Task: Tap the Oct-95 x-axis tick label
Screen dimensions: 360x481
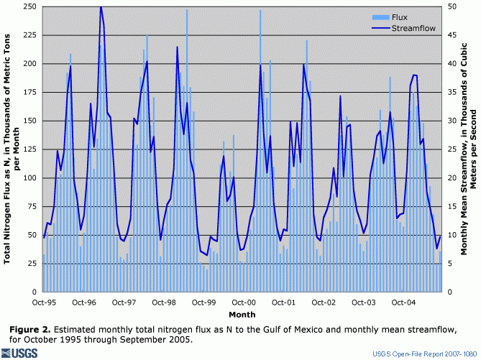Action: tap(44, 303)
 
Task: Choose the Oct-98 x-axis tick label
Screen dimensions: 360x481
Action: tap(165, 303)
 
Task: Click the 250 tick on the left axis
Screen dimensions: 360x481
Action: tap(29, 6)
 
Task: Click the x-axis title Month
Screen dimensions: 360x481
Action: tap(242, 315)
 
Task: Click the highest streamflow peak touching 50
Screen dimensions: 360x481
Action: tap(101, 7)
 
